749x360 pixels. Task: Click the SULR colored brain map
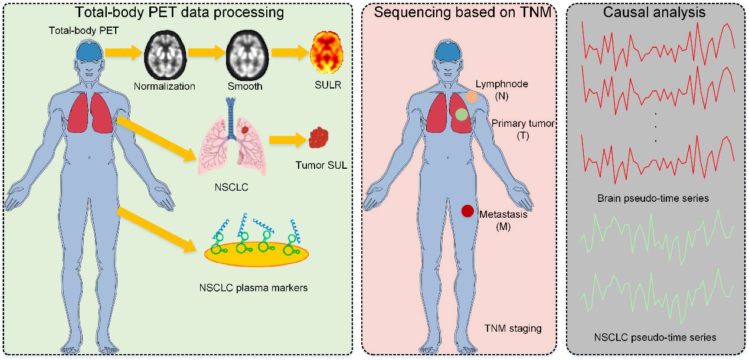(x=326, y=57)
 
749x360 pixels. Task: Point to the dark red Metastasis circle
(x=467, y=211)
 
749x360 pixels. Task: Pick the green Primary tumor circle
(x=462, y=114)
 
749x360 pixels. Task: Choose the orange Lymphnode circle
(x=472, y=96)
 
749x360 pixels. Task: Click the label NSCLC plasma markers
(x=253, y=289)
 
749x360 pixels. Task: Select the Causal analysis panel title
(x=655, y=11)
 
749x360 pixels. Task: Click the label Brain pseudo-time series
(x=653, y=198)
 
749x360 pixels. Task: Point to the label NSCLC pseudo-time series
(x=655, y=338)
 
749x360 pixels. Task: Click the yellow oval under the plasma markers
(x=256, y=253)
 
